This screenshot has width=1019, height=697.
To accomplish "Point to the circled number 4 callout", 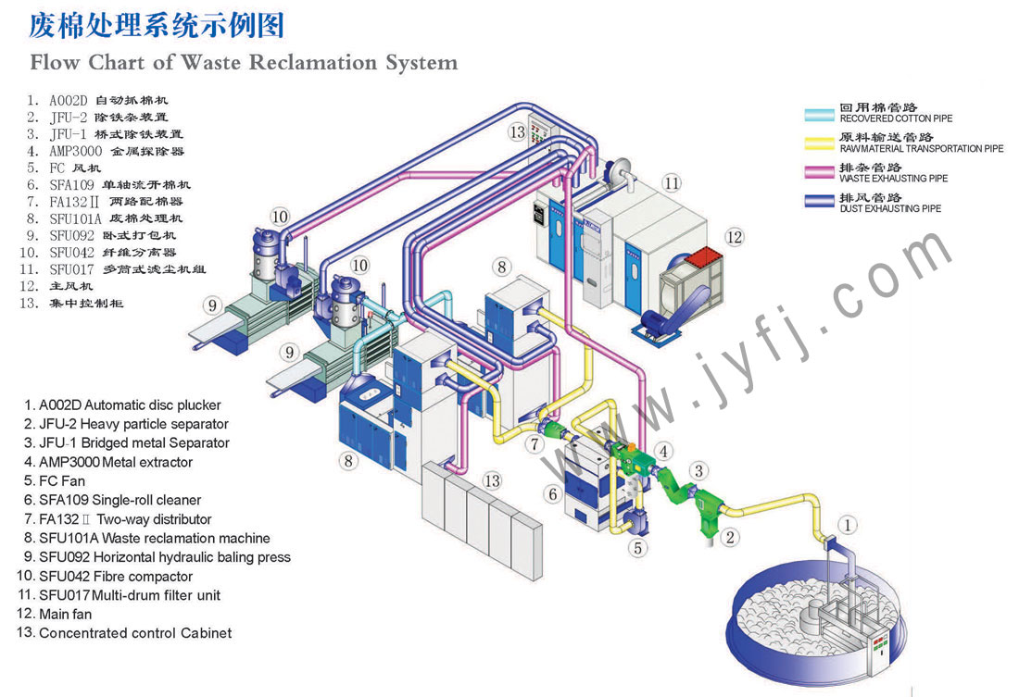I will [664, 452].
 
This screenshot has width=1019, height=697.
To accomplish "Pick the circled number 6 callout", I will [553, 494].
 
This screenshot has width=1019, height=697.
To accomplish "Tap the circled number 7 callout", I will [535, 445].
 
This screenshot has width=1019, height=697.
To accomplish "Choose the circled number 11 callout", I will [672, 182].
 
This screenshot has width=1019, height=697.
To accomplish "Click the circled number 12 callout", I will [734, 238].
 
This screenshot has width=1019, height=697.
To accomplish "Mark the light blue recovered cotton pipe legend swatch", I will [818, 115].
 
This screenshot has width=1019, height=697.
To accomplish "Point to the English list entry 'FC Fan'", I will [61, 481].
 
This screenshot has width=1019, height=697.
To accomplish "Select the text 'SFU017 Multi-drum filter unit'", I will [129, 595].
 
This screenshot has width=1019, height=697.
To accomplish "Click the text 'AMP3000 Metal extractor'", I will [115, 462].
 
